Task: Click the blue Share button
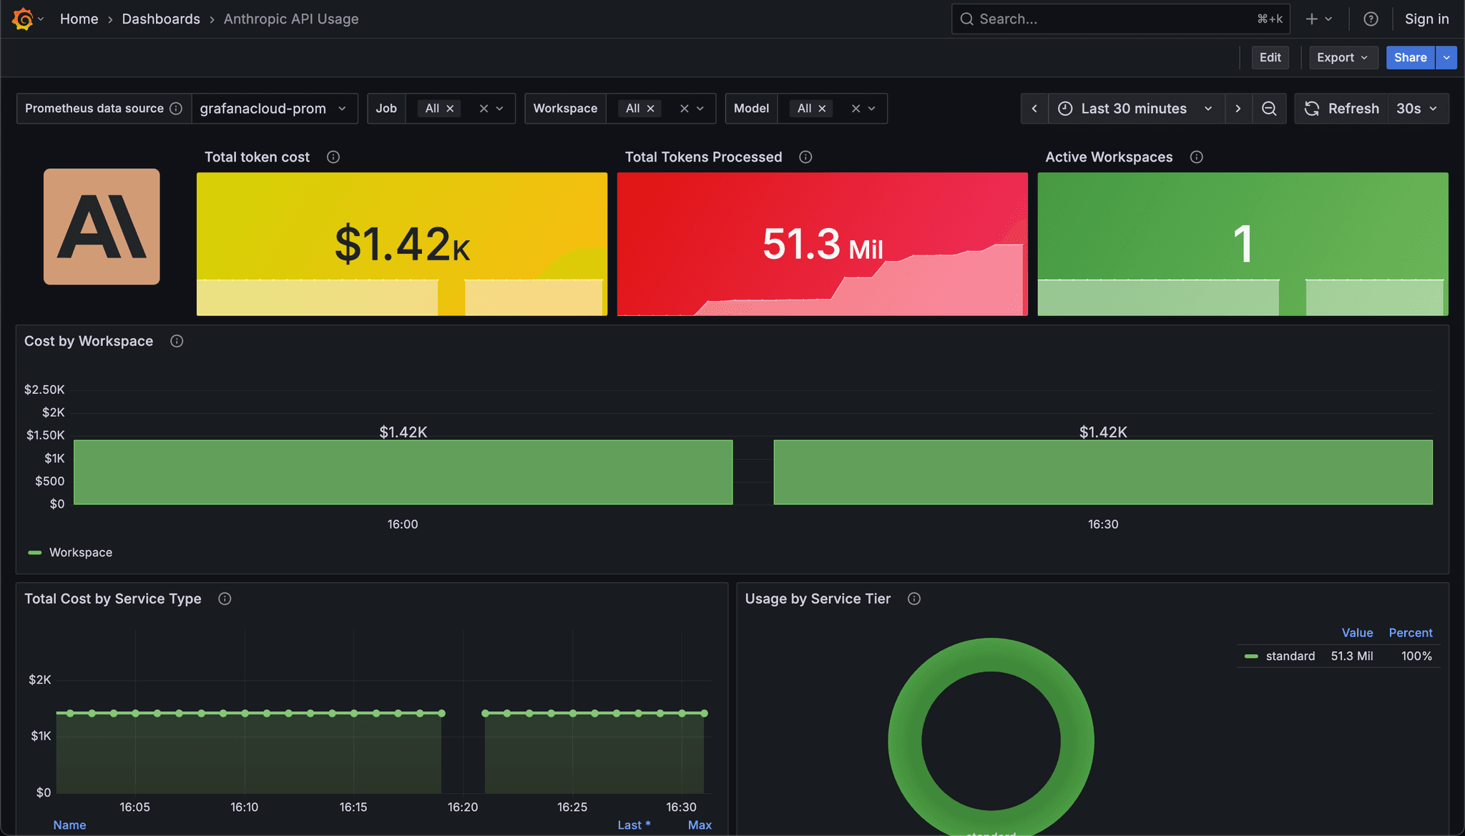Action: tap(1410, 58)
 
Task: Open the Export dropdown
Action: tap(1342, 58)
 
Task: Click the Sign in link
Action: tap(1426, 19)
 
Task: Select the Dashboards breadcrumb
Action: tap(161, 19)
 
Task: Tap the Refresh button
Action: tap(1342, 109)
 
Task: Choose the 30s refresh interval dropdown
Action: tap(1416, 109)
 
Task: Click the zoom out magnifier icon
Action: tap(1269, 109)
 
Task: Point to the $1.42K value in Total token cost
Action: tap(402, 244)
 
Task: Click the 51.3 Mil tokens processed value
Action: tap(822, 245)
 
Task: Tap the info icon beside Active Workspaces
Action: tap(1196, 157)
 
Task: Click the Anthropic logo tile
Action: tap(102, 227)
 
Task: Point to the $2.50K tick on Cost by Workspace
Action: tap(44, 390)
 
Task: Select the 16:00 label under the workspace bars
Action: tap(403, 524)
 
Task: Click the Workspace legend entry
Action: tap(80, 553)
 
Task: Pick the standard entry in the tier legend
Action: tap(1290, 656)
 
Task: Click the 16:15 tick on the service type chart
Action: tap(353, 807)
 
